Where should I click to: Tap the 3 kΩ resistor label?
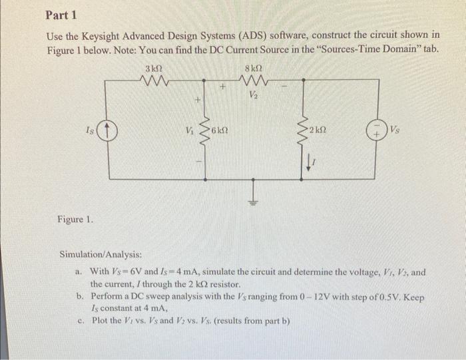click(x=154, y=69)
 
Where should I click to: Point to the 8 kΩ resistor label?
click(x=253, y=69)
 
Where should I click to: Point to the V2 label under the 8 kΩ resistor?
click(x=253, y=94)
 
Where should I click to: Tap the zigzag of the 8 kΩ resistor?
click(x=253, y=82)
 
